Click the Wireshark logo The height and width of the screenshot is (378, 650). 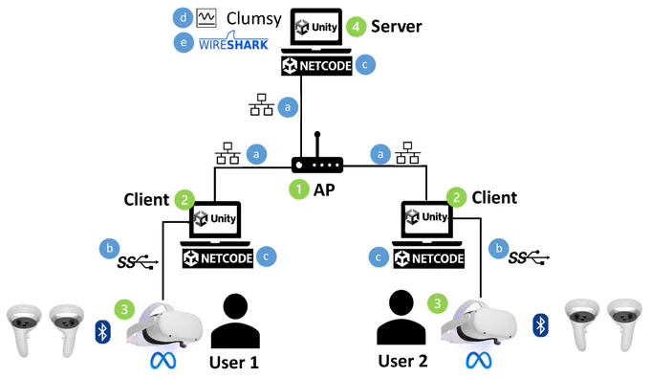click(x=234, y=41)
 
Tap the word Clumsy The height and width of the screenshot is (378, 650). click(x=253, y=19)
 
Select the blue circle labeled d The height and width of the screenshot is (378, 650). click(x=183, y=18)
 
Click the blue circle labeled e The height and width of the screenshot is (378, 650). click(x=184, y=42)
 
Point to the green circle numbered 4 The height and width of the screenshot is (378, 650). click(x=357, y=27)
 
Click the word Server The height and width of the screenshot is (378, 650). click(x=397, y=27)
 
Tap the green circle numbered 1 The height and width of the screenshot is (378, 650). click(x=299, y=189)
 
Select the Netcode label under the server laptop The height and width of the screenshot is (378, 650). click(x=316, y=66)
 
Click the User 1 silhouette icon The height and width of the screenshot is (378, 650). click(x=235, y=321)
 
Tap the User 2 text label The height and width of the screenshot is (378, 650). click(x=402, y=361)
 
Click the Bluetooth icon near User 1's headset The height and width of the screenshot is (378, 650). click(x=103, y=332)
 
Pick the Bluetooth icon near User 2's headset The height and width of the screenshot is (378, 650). click(x=541, y=325)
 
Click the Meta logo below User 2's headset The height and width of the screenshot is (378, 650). click(x=479, y=361)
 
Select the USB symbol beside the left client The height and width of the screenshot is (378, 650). click(x=138, y=261)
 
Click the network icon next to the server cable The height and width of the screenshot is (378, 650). click(x=262, y=104)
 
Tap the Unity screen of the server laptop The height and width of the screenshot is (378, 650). click(x=316, y=28)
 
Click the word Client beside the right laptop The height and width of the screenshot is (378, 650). click(x=494, y=198)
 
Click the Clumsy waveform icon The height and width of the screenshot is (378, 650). click(x=206, y=18)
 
